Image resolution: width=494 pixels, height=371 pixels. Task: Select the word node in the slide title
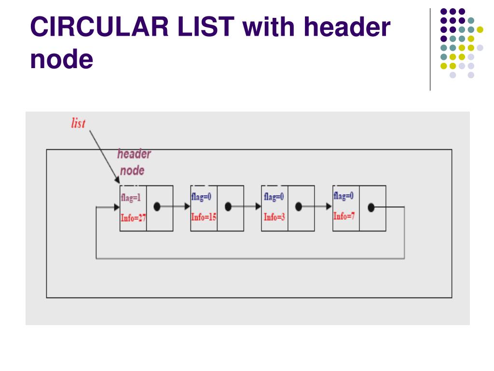pos(61,59)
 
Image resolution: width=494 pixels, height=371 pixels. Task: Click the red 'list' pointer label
pos(78,123)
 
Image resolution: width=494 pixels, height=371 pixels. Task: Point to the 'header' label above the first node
pos(134,155)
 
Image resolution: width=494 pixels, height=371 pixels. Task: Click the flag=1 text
pos(131,198)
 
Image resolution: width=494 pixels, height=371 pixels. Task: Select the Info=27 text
pos(133,217)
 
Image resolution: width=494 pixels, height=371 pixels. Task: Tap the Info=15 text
pos(204,217)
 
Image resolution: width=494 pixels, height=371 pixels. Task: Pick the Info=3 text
pos(274,217)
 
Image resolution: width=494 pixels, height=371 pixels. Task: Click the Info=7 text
pos(344,215)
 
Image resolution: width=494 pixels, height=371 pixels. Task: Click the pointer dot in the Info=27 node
pos(156,206)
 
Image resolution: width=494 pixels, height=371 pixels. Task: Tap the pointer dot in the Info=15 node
pos(228,207)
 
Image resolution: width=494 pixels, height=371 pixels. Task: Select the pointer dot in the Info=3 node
pos(299,207)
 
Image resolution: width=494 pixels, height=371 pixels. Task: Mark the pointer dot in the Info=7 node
pos(371,207)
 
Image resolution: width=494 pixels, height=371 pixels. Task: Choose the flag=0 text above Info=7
pos(343,196)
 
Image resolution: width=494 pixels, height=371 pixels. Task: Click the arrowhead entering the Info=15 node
pos(188,206)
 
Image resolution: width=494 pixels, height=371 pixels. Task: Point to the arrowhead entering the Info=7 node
pos(329,207)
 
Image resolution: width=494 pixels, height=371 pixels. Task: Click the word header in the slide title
pos(341,28)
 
